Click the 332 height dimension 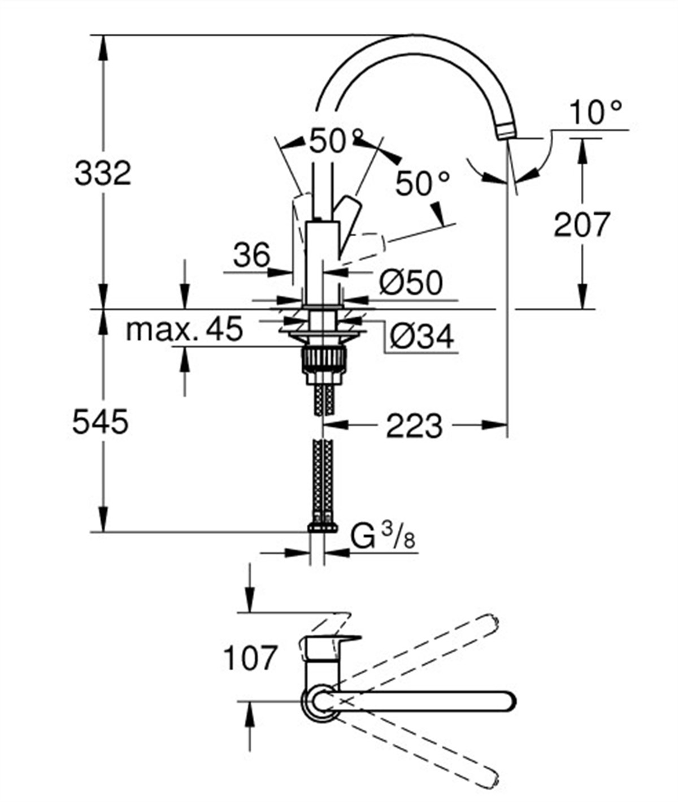pyautogui.click(x=102, y=173)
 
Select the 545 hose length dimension pyautogui.click(x=101, y=422)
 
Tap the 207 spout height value pyautogui.click(x=581, y=224)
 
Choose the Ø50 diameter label pyautogui.click(x=411, y=282)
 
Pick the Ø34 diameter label pyautogui.click(x=421, y=337)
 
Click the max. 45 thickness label pyautogui.click(x=184, y=329)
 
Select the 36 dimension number pyautogui.click(x=252, y=255)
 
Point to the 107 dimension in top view pyautogui.click(x=250, y=658)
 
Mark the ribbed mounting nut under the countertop pyautogui.click(x=324, y=358)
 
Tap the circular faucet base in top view pyautogui.click(x=322, y=701)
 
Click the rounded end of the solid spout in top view pyautogui.click(x=507, y=701)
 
